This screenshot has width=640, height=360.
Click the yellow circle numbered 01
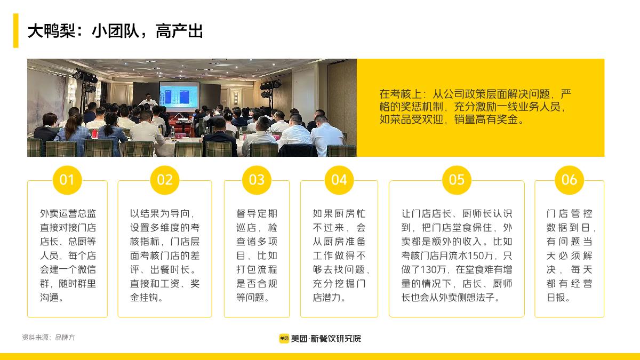coord(67,180)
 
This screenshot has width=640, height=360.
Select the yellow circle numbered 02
coord(165,180)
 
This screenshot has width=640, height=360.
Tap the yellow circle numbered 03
coord(257,180)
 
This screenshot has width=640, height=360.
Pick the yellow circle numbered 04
coord(339,180)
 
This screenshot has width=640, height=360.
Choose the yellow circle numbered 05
coord(457,180)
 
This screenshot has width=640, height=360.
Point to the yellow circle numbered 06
coord(569,180)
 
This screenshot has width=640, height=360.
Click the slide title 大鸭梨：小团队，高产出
coord(115,31)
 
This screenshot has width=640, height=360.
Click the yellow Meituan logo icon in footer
coord(284,338)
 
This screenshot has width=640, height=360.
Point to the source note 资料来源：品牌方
coord(49,338)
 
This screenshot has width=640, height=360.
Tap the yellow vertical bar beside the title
coord(16,31)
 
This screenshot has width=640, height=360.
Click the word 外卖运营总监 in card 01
coord(68,214)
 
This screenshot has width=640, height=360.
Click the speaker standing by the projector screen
coord(148,100)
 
